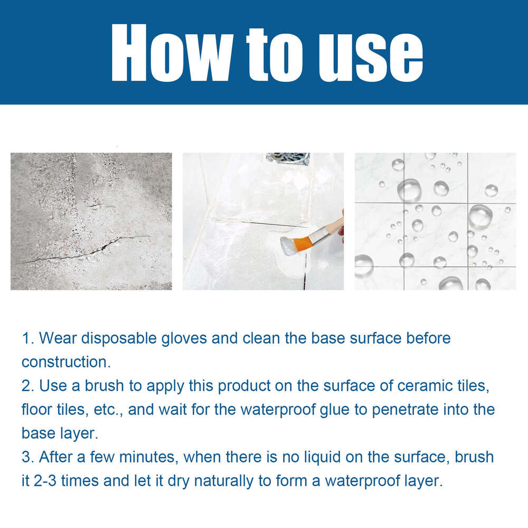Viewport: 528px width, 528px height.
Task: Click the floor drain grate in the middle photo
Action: coord(288,158)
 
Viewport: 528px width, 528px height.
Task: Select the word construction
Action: coord(64,362)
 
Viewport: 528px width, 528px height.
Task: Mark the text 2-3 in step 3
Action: coord(49,482)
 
